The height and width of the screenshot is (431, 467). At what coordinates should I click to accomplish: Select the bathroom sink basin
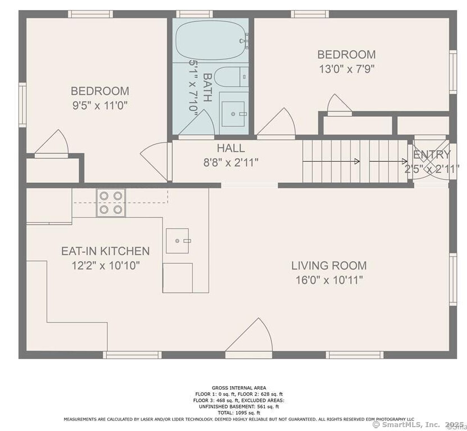click(x=233, y=114)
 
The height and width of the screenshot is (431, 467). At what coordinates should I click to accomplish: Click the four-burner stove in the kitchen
click(x=110, y=203)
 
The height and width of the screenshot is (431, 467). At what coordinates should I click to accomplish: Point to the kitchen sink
click(x=178, y=241)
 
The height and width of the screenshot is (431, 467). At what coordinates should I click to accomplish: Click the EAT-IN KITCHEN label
click(x=106, y=251)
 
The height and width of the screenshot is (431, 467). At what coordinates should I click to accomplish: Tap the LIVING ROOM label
click(x=329, y=265)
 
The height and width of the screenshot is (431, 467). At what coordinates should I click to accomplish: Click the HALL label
click(x=231, y=148)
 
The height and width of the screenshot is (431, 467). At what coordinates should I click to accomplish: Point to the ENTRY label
click(x=432, y=155)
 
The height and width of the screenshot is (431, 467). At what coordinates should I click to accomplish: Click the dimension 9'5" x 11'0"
click(x=100, y=105)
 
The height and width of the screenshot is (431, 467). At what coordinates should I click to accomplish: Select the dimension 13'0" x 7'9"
click(x=346, y=69)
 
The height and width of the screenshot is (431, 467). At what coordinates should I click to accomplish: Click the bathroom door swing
click(x=196, y=123)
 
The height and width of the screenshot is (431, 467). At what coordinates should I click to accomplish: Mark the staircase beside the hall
click(x=354, y=162)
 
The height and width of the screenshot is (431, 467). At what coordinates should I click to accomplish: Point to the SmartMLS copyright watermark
click(x=418, y=425)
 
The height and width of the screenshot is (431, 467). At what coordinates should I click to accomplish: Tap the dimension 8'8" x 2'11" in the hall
click(x=231, y=163)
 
